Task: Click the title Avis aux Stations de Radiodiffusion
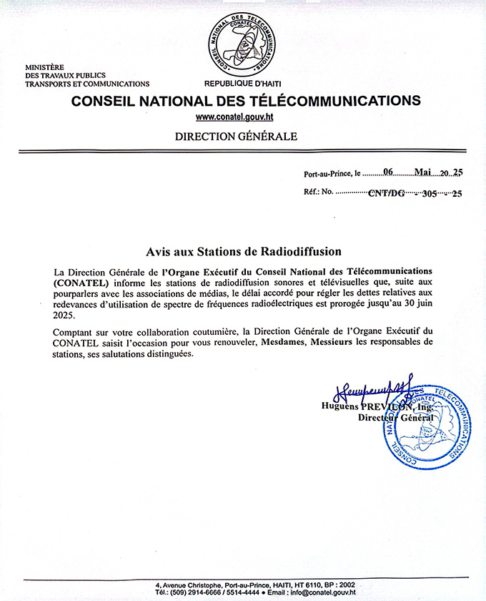tap(244, 252)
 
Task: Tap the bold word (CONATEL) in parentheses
tap(81, 283)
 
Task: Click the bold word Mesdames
tap(284, 342)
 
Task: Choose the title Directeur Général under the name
tap(390, 417)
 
